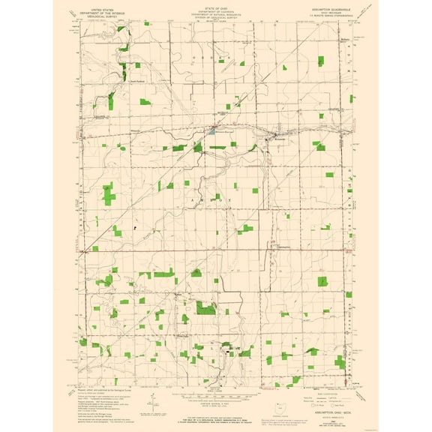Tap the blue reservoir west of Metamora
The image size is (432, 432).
point(212,130)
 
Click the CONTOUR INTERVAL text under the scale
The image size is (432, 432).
point(215,398)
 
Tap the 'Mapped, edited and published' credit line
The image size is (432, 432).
point(105,391)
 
